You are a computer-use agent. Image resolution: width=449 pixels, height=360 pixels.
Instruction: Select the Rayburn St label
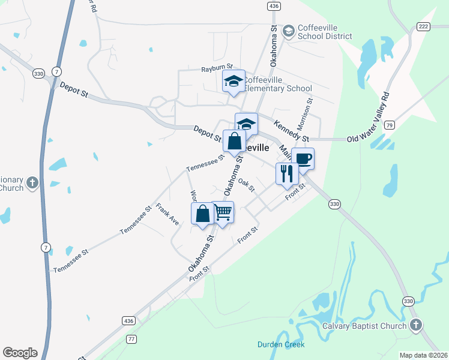pos(217,70)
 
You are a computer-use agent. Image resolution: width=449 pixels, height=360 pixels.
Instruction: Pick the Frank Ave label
pos(167,214)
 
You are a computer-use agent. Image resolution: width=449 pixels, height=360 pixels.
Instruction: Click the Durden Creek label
pos(281,344)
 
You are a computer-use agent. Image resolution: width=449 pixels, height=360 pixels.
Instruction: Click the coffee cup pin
pos(303,159)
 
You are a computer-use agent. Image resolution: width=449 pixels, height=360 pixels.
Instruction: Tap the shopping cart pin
pos(223,212)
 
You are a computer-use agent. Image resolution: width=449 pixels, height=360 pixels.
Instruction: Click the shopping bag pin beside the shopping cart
pos(203,214)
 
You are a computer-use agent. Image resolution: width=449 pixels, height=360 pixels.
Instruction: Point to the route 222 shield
pos(423,26)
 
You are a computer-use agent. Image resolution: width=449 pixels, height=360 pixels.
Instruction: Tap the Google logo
pos(20,353)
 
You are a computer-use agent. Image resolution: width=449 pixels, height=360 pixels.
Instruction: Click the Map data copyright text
pos(423,355)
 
